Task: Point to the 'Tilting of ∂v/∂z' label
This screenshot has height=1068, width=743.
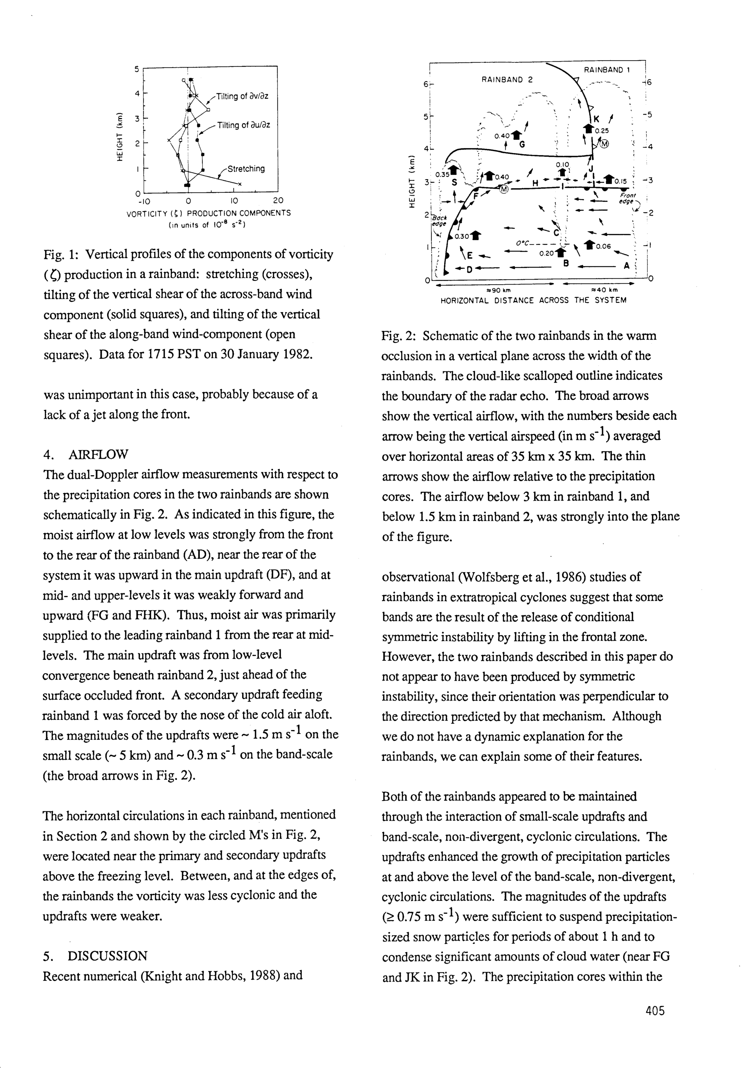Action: (x=242, y=97)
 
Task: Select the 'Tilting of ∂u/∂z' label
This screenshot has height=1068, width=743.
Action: (x=243, y=125)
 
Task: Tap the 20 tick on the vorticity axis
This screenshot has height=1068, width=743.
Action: (x=278, y=201)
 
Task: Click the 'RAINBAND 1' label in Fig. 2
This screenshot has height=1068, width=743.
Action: (x=607, y=70)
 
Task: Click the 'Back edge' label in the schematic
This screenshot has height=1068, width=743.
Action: (x=439, y=221)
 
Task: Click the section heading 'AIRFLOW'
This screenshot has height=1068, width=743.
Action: (x=98, y=454)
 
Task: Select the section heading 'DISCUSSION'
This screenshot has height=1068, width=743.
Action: (x=107, y=956)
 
